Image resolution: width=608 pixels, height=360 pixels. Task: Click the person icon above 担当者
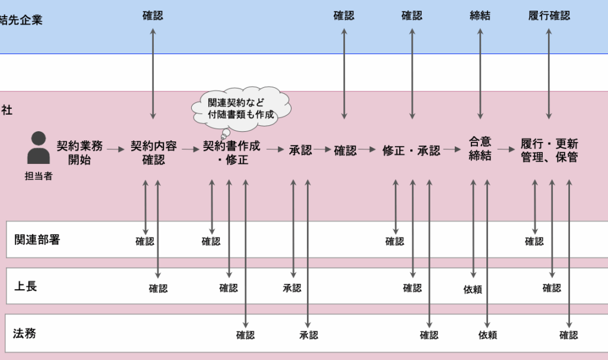[39, 147]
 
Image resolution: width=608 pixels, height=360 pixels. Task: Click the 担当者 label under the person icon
[39, 176]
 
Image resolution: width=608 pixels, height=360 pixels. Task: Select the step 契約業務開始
[80, 153]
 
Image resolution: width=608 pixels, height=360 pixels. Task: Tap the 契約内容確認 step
[154, 153]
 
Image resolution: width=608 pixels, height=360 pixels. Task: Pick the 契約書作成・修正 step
[232, 153]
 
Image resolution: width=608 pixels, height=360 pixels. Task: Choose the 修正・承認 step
[411, 150]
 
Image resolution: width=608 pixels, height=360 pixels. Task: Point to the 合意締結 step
[480, 149]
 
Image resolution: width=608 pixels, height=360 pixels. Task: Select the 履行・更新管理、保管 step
[549, 150]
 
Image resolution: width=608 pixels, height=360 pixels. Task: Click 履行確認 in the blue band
[549, 15]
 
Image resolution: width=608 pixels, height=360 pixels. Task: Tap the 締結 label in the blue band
[480, 15]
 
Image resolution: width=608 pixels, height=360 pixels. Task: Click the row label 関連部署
[37, 240]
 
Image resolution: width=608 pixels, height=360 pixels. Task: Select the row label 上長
[26, 286]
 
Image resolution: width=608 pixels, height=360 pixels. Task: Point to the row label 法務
[24, 333]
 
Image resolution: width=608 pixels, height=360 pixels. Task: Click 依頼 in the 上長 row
[473, 289]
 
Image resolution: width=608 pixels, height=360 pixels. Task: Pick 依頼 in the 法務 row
[488, 335]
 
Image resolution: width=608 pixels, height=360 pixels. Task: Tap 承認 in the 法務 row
[309, 335]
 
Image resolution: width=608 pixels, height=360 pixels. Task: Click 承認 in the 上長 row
[292, 288]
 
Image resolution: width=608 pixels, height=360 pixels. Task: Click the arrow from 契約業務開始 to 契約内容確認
[116, 149]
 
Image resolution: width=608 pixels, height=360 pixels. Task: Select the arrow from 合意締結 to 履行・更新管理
[506, 149]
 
